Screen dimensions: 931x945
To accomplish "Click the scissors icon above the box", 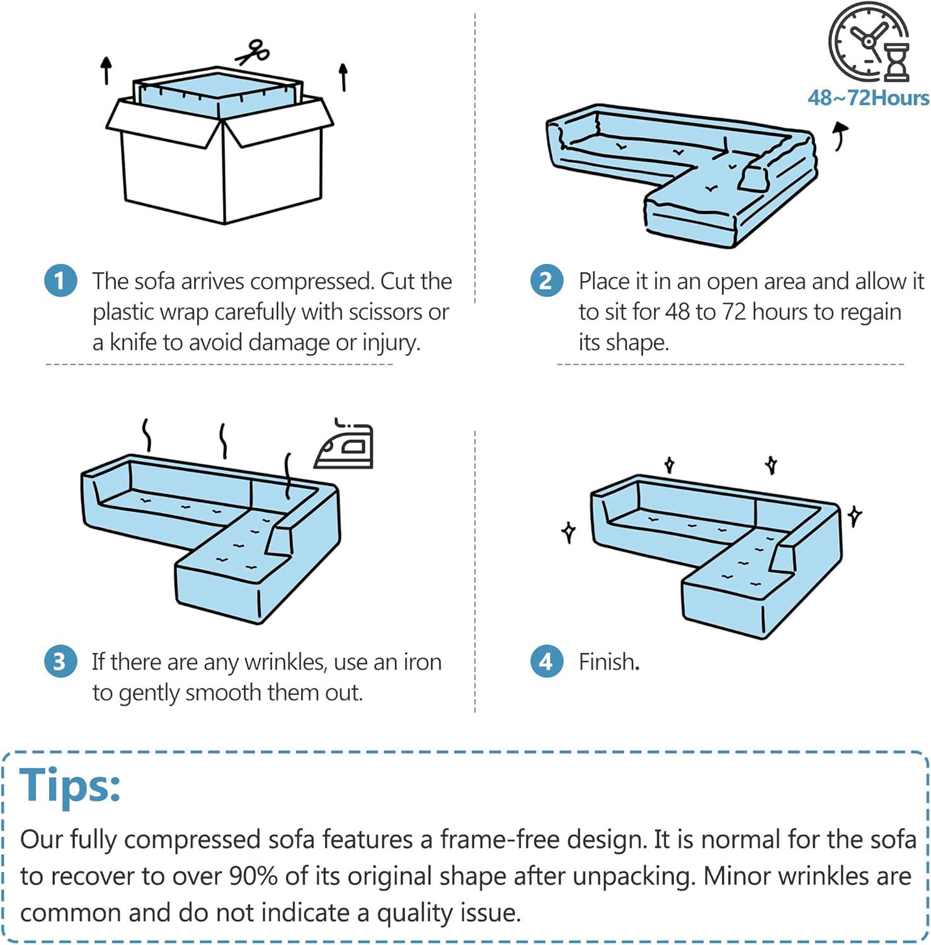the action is click(253, 52).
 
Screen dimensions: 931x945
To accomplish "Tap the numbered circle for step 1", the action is click(60, 281).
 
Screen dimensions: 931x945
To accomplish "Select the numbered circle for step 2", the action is click(546, 281).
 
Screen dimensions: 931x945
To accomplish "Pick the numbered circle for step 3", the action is click(60, 661).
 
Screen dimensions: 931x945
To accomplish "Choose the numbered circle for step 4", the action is click(546, 661).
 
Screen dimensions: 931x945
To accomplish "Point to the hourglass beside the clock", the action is click(897, 62).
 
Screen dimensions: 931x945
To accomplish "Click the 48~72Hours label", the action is click(868, 98).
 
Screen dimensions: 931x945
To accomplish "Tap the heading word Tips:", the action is click(70, 786).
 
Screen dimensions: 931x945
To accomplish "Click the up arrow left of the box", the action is click(106, 71).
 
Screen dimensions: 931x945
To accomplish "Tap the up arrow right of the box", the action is click(343, 77).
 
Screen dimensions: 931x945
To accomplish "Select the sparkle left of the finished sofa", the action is click(569, 532).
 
